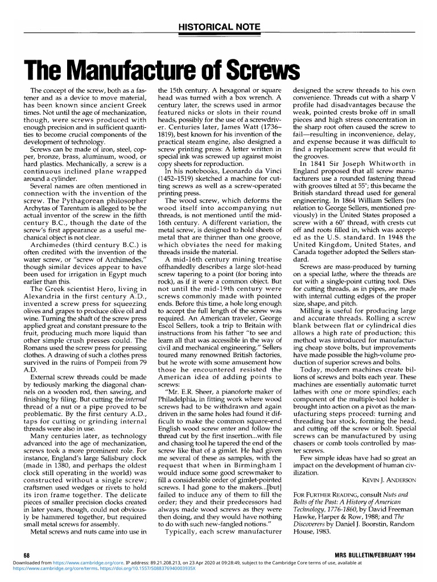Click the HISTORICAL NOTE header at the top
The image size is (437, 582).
[218, 27]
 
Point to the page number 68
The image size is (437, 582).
[26, 554]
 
